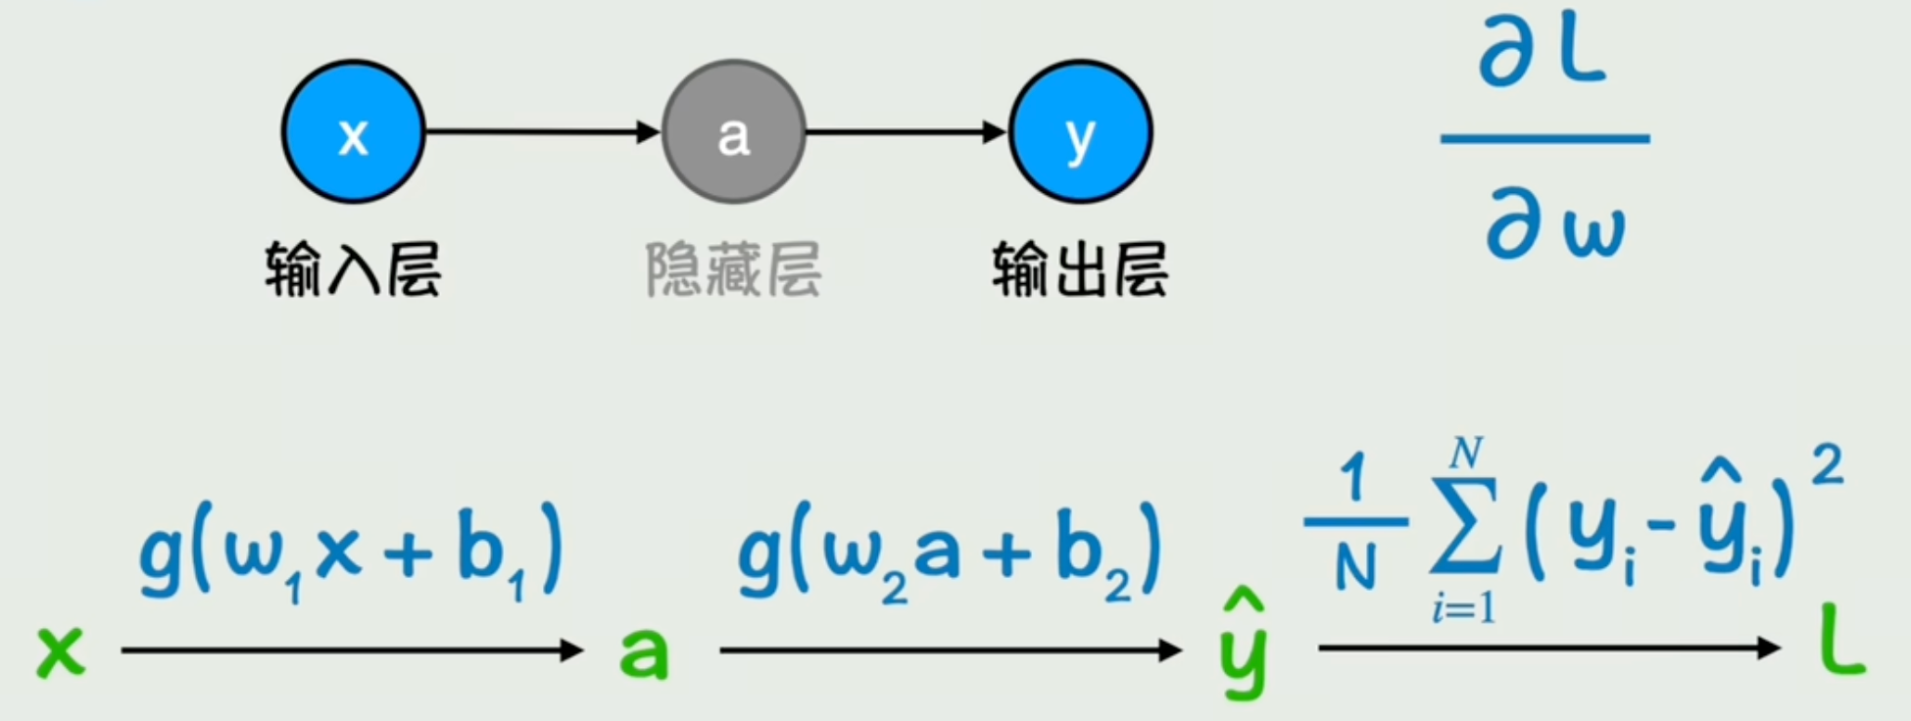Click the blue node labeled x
(353, 132)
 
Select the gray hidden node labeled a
(734, 132)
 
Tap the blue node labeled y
(1080, 132)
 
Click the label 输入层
(353, 269)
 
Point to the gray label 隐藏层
(733, 269)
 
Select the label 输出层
(1080, 269)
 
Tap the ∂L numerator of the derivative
(1543, 54)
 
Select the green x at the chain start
(61, 650)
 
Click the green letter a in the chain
(644, 652)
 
